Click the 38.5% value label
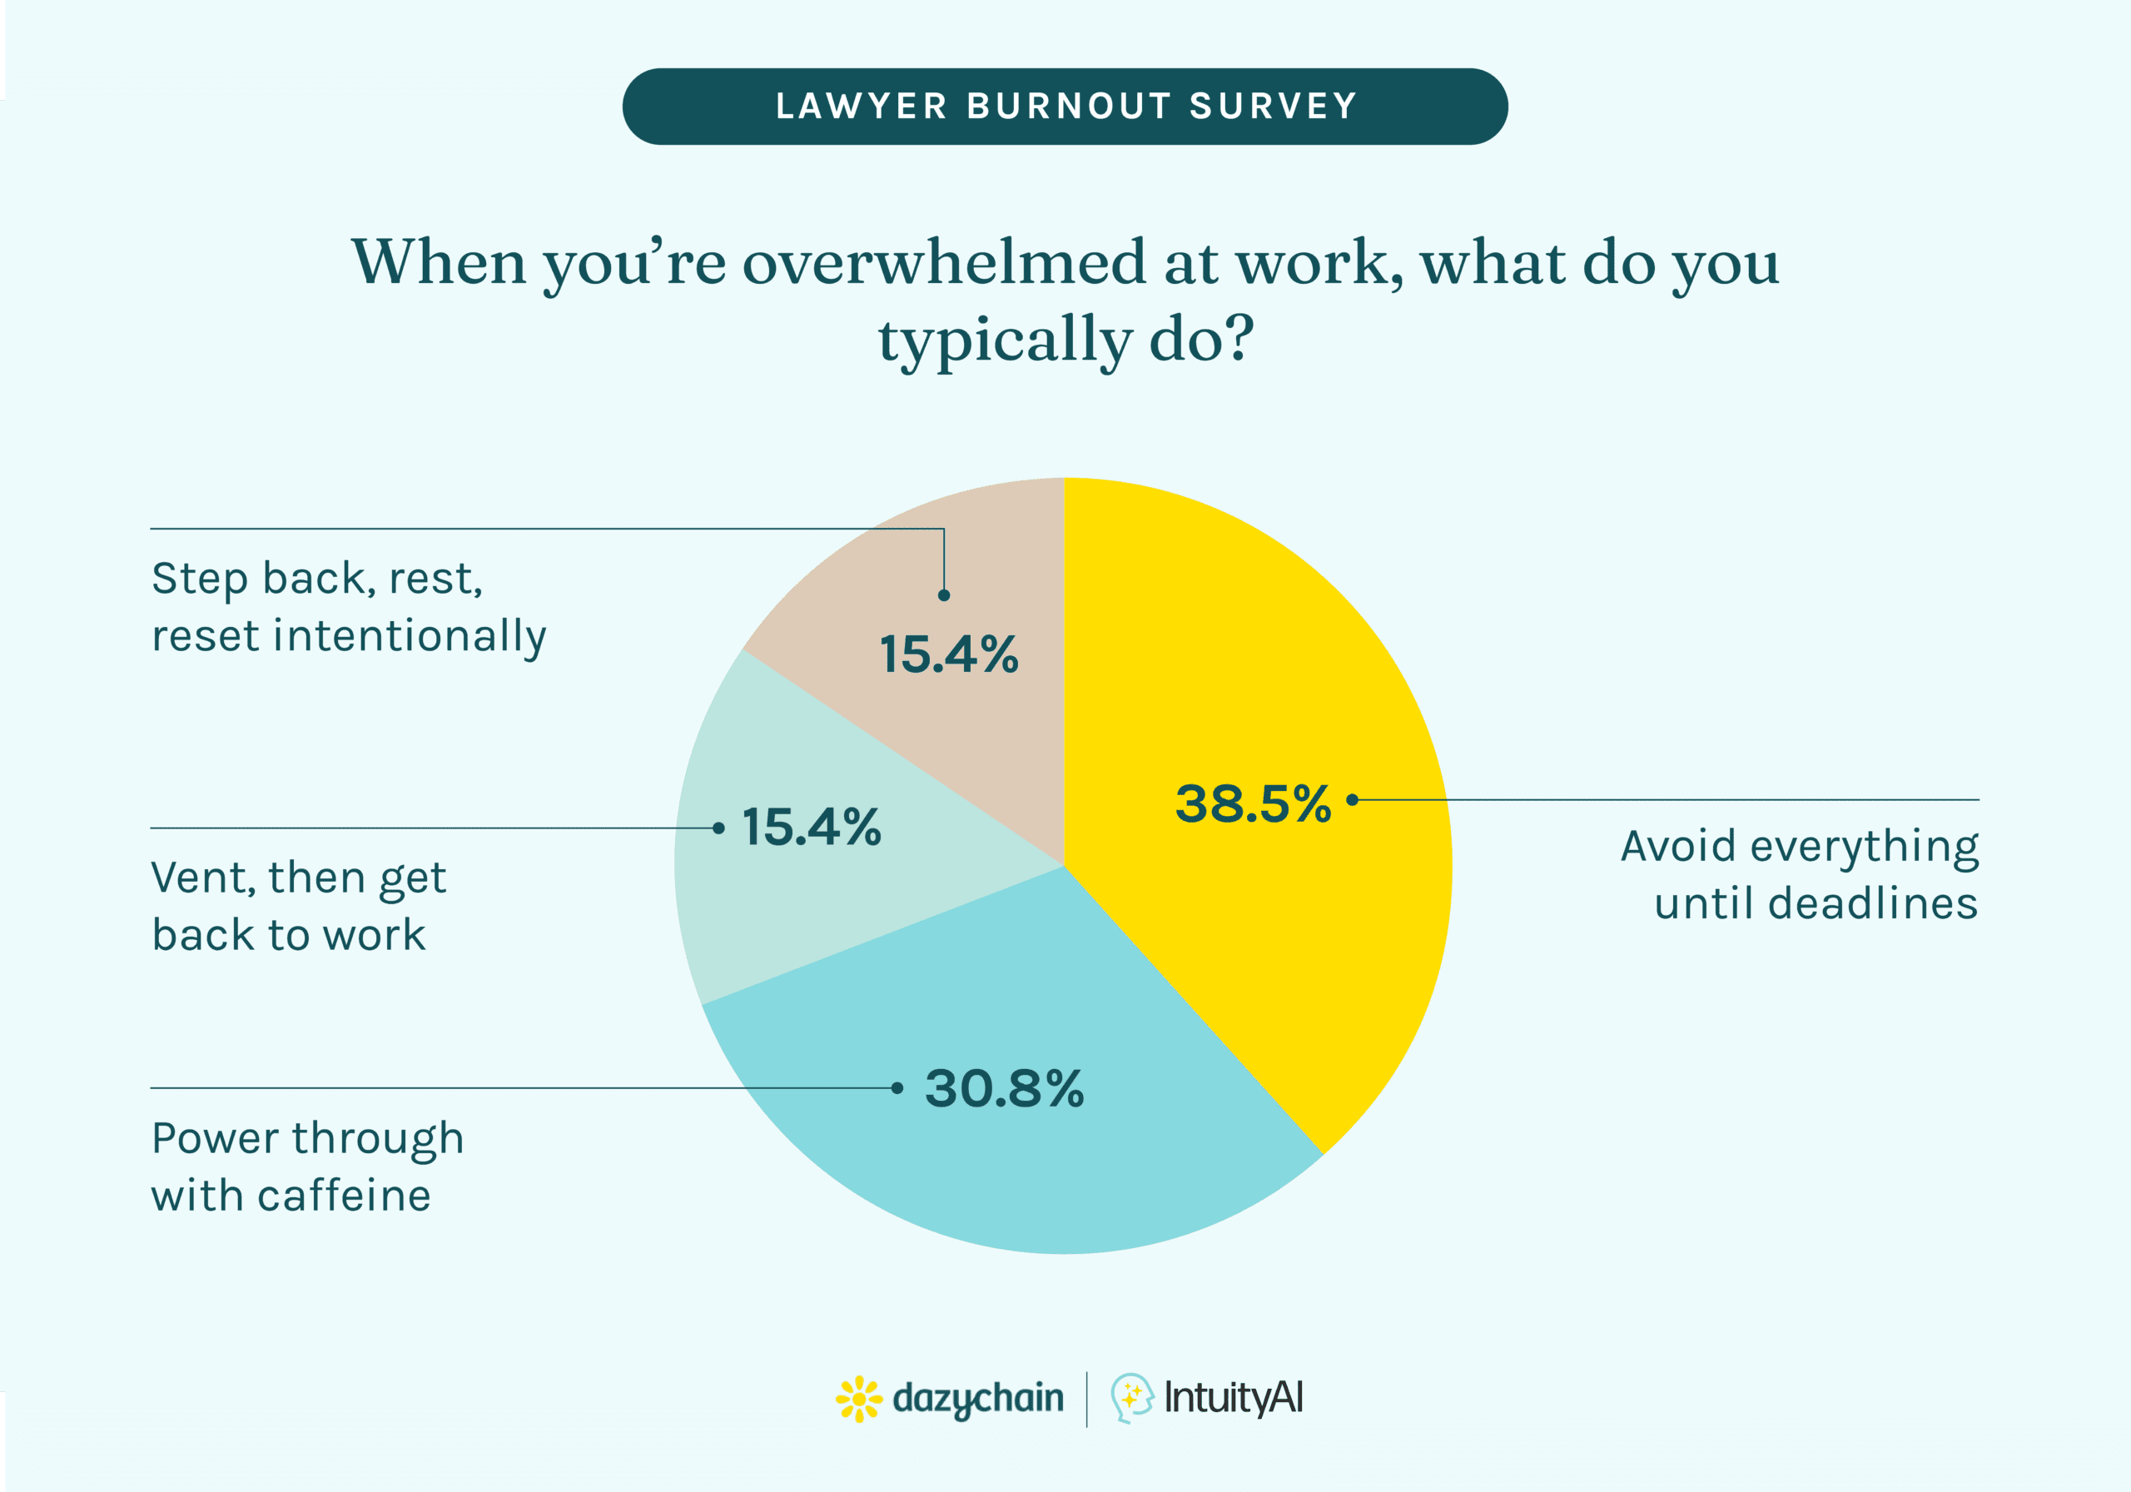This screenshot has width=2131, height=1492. pyautogui.click(x=1252, y=804)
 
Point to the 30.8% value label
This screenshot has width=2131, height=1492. pyautogui.click(x=1003, y=1088)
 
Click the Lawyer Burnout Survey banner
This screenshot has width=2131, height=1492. pyautogui.click(x=1065, y=106)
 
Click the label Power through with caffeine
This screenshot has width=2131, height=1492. pyautogui.click(x=306, y=1166)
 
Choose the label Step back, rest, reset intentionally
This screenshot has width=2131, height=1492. pyautogui.click(x=348, y=607)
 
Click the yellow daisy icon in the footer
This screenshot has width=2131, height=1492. pyautogui.click(x=858, y=1398)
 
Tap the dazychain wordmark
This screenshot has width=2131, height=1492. pyautogui.click(x=977, y=1398)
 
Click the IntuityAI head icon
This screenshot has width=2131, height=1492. pyautogui.click(x=1131, y=1397)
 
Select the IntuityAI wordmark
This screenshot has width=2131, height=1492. pyautogui.click(x=1234, y=1397)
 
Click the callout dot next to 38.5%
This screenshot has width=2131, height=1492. pyautogui.click(x=1353, y=799)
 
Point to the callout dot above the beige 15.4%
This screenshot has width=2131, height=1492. pyautogui.click(x=944, y=595)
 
